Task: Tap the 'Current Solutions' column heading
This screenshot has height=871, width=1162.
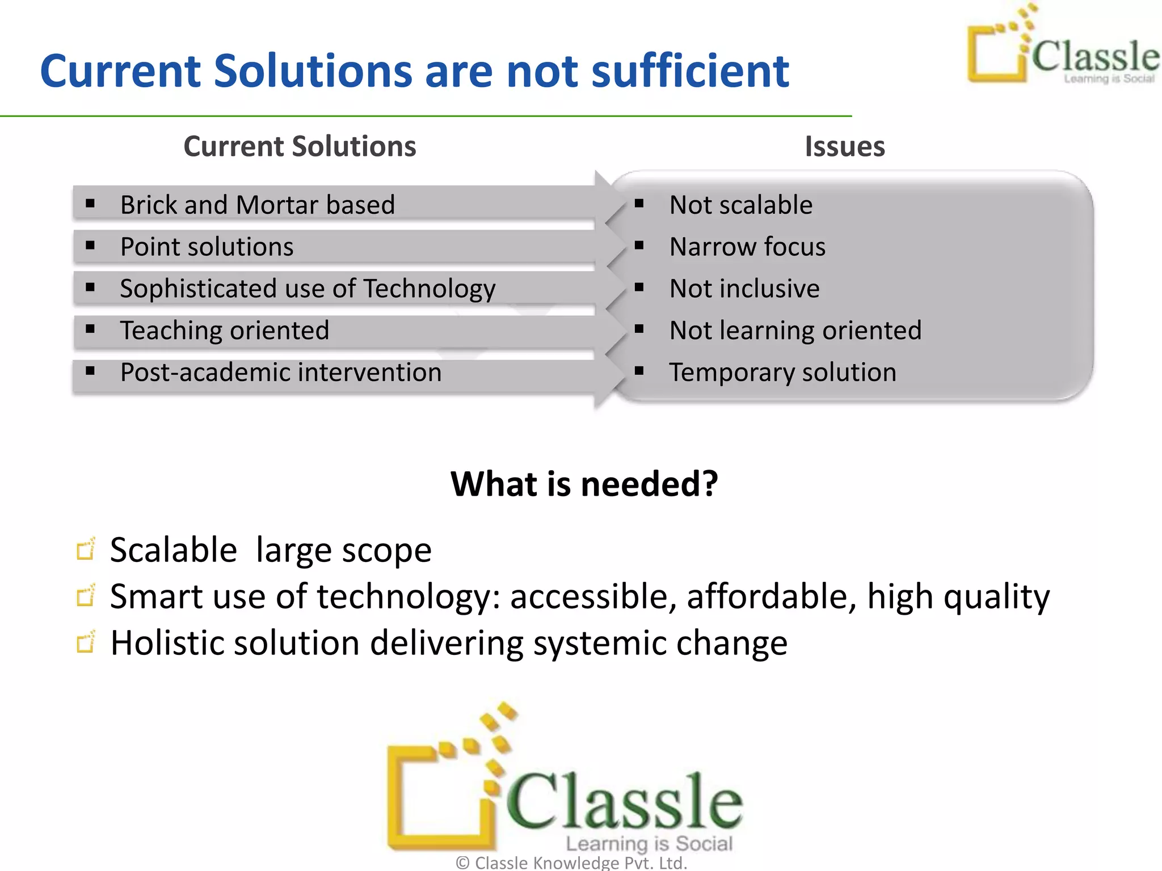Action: [x=300, y=146]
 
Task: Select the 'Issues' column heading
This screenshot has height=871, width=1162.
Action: [x=844, y=146]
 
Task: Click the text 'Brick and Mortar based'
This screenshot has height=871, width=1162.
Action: [x=257, y=205]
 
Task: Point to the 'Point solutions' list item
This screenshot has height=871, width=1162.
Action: [x=207, y=247]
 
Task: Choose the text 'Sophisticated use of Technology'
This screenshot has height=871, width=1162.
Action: [x=308, y=289]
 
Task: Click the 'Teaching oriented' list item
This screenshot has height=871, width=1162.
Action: [x=224, y=331]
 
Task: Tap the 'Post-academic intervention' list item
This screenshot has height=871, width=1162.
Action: [x=280, y=373]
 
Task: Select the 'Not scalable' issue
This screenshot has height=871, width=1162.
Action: [x=740, y=205]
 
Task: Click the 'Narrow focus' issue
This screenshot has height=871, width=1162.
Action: [x=747, y=247]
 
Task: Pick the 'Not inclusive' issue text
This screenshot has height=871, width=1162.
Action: [x=744, y=289]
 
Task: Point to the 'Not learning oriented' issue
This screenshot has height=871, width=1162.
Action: [x=795, y=331]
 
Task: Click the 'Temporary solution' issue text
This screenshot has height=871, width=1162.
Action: [x=782, y=373]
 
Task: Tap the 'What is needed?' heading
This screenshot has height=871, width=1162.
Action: [x=584, y=484]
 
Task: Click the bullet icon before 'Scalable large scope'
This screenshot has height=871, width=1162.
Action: [x=86, y=549]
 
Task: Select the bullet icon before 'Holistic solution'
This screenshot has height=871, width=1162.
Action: [x=86, y=642]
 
